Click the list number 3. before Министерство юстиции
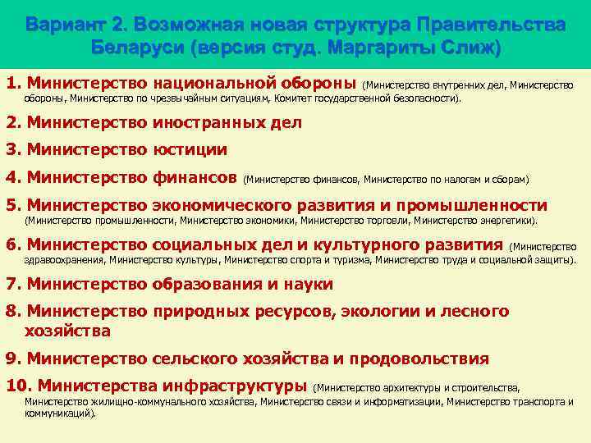pos(13,150)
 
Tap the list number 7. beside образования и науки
pos(13,284)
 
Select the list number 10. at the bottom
pos(19,386)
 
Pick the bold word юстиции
pos(190,150)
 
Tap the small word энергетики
pos(506,220)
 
